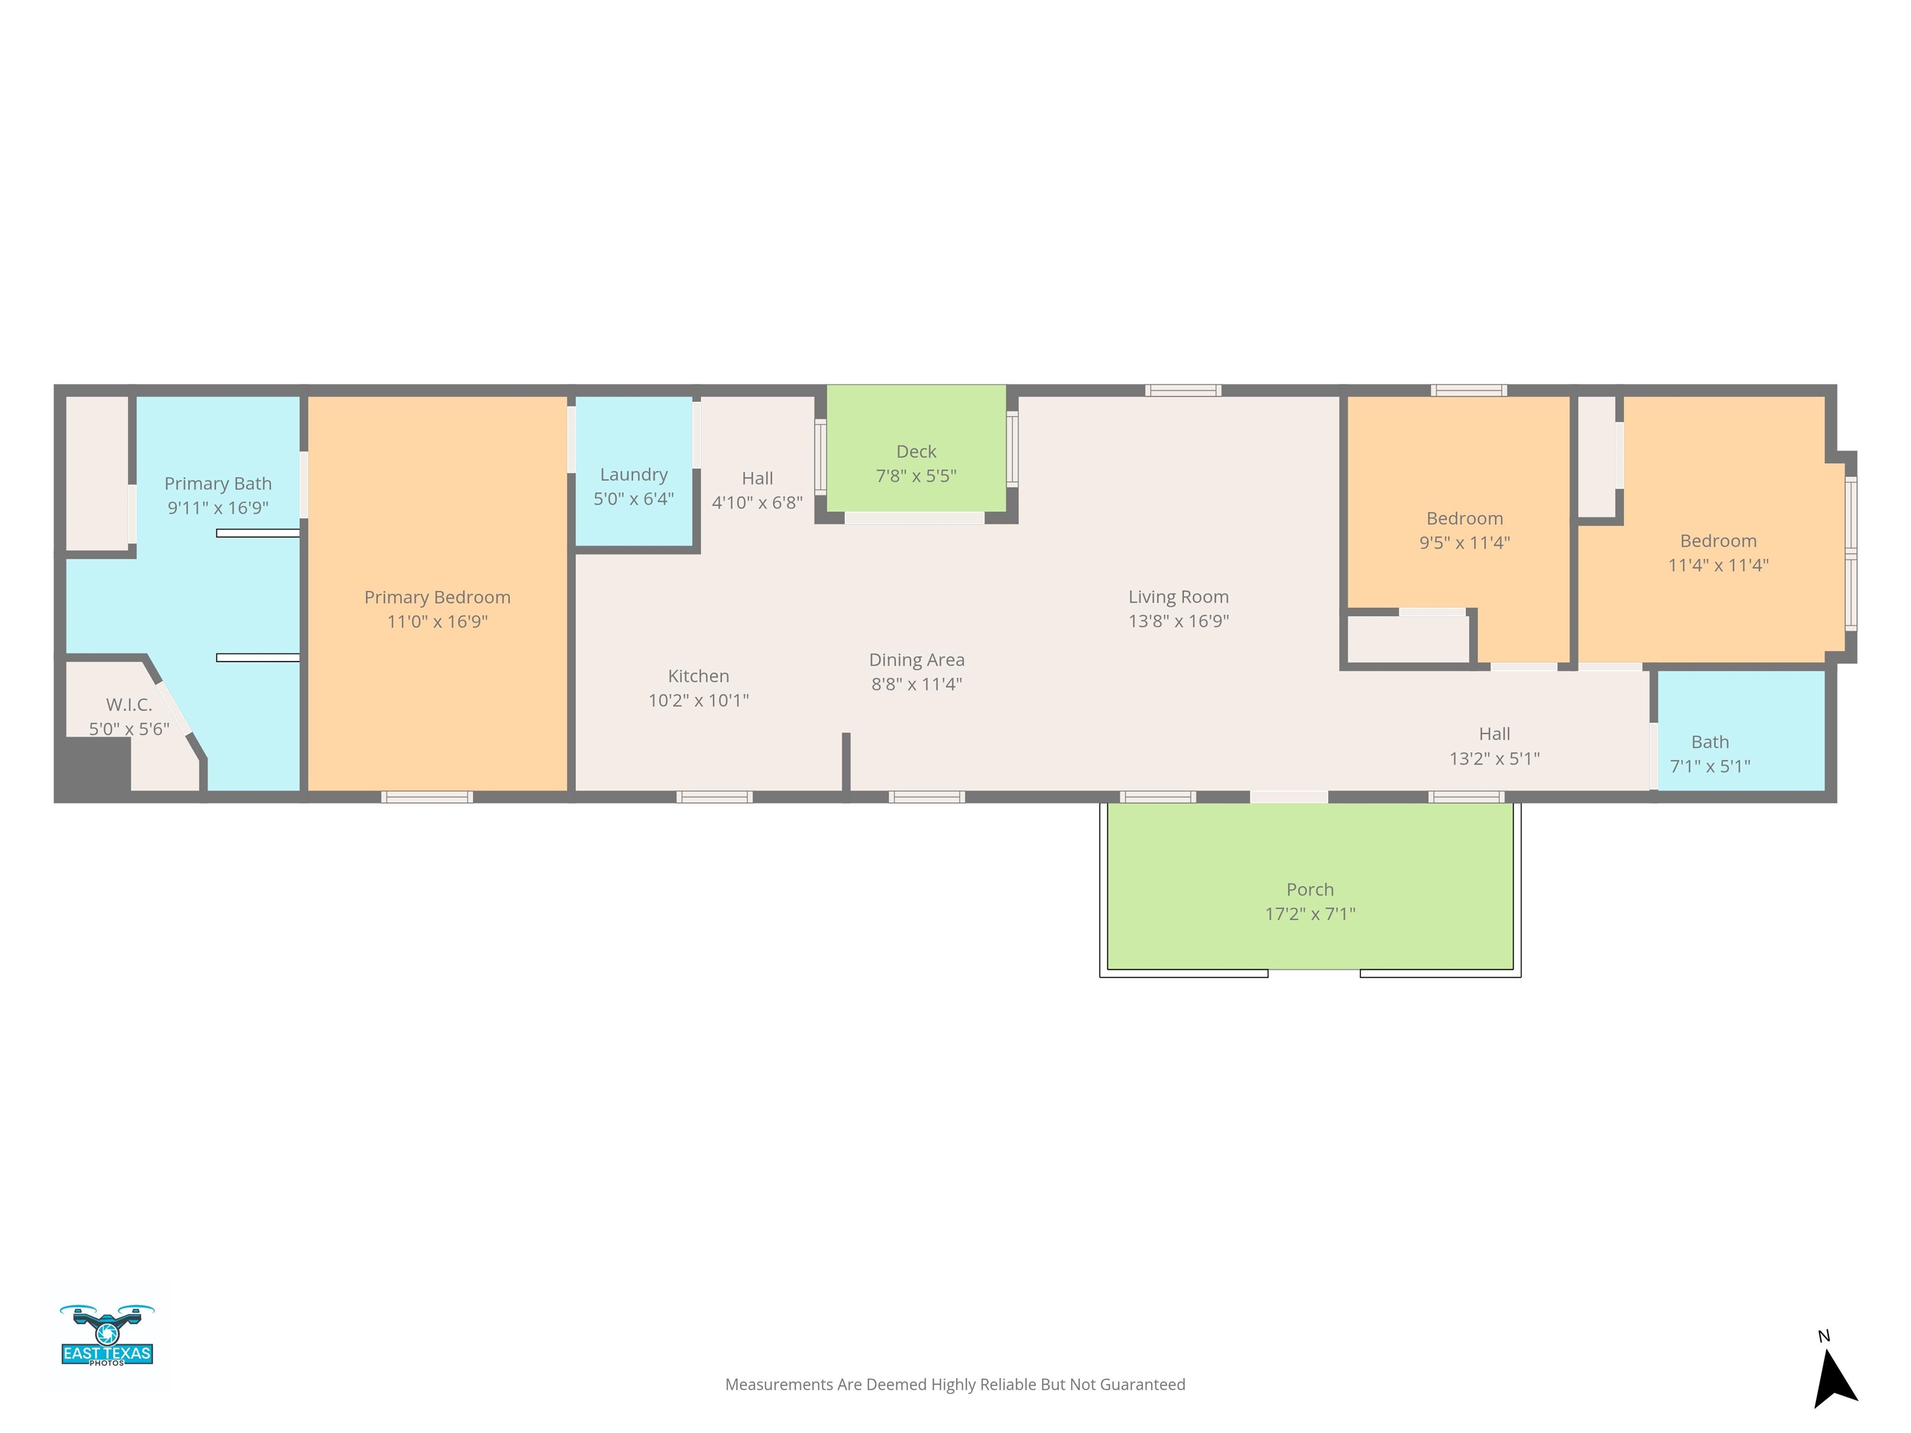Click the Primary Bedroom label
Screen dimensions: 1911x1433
click(437, 609)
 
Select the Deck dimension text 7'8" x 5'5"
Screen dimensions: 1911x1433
click(917, 475)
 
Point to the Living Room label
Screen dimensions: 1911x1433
click(1178, 608)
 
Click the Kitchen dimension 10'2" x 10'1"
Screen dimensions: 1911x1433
click(698, 700)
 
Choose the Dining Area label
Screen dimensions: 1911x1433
click(917, 671)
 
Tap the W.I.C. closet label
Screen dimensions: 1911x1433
click(129, 716)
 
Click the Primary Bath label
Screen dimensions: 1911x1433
click(218, 495)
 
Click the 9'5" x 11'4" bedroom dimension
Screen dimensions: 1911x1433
click(1464, 542)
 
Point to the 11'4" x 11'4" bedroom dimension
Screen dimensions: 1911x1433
click(1718, 565)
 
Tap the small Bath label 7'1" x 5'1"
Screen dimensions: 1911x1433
click(1709, 754)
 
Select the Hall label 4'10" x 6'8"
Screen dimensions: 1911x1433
click(757, 489)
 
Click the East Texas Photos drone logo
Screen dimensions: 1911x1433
click(107, 1335)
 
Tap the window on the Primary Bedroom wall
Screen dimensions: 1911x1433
click(427, 796)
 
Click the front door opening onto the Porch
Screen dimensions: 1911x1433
click(1288, 796)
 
